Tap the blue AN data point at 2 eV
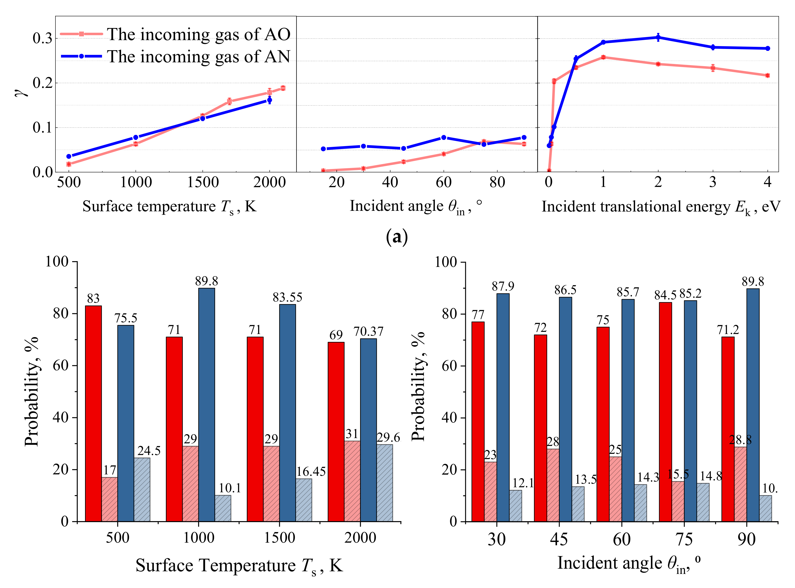tap(658, 37)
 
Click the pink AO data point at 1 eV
tap(603, 57)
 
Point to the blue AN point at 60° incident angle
tap(443, 137)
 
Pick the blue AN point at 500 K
tap(69, 156)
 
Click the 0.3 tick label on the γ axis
tap(42, 38)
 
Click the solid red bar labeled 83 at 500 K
tap(93, 413)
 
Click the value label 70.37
tap(368, 331)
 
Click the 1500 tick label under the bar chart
tap(279, 537)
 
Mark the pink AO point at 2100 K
tap(283, 88)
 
